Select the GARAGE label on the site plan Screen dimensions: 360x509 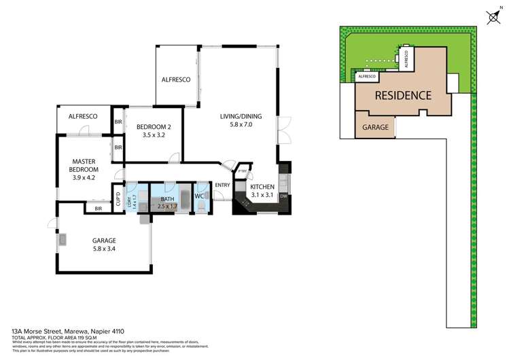[x=375, y=127]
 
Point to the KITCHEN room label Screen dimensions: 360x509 [x=263, y=186]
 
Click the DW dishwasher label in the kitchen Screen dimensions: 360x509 [x=283, y=196]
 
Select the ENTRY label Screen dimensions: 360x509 [x=222, y=185]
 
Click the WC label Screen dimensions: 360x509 [x=200, y=196]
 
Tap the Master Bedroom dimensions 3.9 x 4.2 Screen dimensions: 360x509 [x=86, y=178]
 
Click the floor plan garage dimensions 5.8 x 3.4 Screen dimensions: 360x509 [x=105, y=249]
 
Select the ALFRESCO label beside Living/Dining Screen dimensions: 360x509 [x=175, y=79]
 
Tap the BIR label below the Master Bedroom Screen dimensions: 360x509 [x=99, y=209]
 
